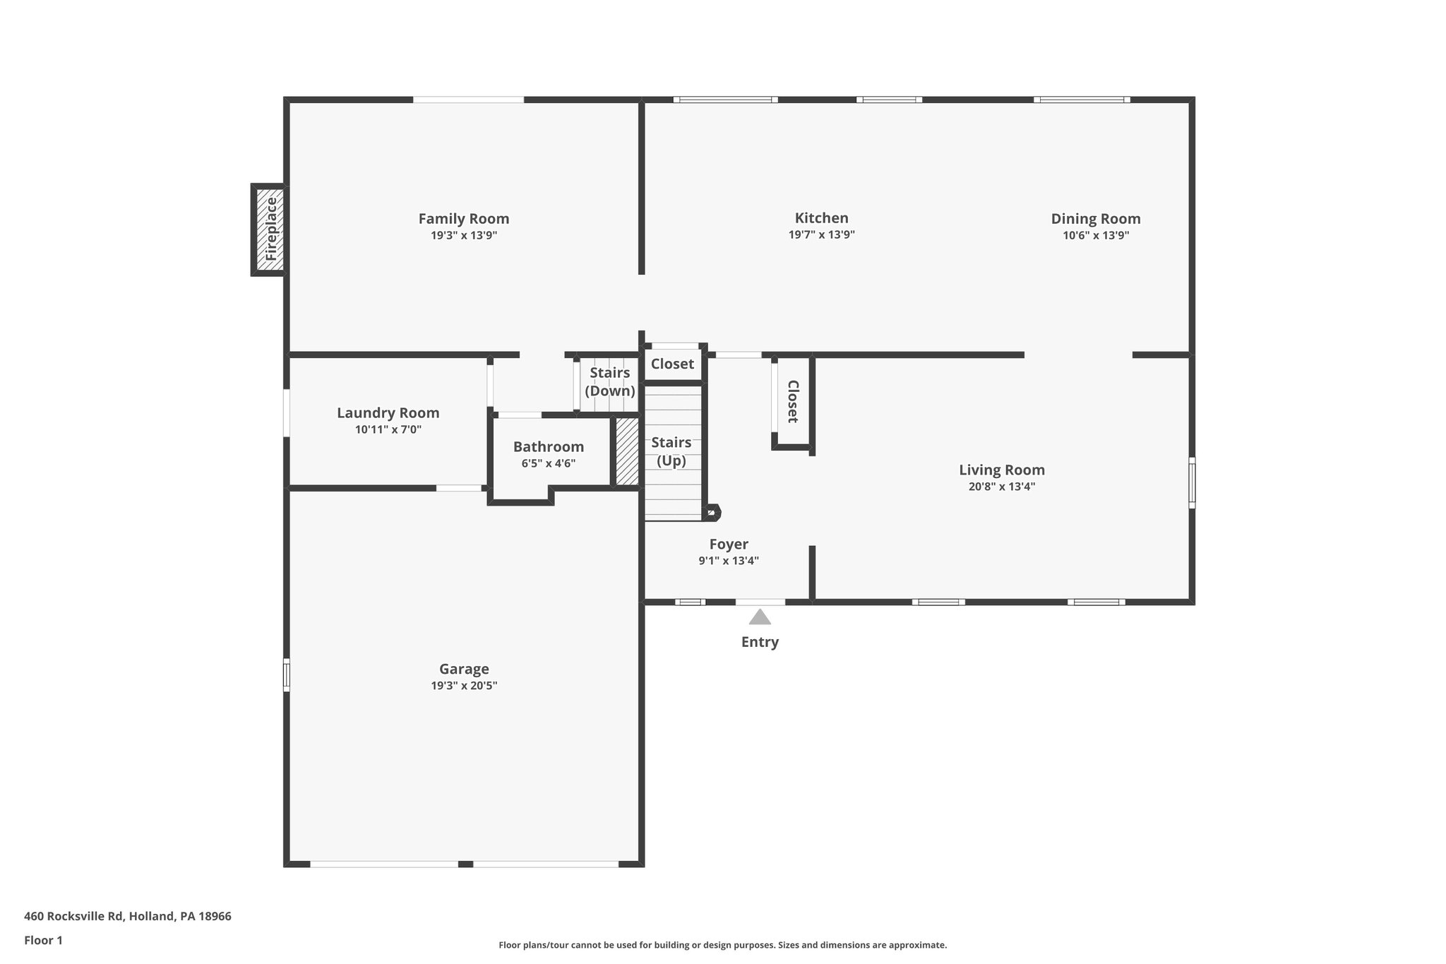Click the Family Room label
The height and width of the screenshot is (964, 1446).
[463, 219]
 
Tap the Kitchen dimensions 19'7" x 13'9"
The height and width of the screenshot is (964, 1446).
[821, 235]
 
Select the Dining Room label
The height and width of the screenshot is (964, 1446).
[1095, 219]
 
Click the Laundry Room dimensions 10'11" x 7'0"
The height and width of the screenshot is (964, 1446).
[388, 429]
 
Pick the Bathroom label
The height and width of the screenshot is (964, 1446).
[548, 447]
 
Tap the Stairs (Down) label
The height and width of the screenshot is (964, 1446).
[609, 381]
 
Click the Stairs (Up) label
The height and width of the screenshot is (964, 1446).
[671, 451]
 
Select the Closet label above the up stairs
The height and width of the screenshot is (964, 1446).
[672, 364]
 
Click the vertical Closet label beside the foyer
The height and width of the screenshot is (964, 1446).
[792, 401]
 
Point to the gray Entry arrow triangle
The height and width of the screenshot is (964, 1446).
[760, 617]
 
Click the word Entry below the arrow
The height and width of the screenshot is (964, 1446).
[760, 642]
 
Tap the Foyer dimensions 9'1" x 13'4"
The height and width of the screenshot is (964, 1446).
[729, 561]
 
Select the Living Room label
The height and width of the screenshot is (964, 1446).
[1001, 470]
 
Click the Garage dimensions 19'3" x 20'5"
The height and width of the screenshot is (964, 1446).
[464, 686]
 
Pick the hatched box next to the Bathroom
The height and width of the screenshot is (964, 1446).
[626, 452]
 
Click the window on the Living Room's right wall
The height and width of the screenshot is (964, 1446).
[1192, 482]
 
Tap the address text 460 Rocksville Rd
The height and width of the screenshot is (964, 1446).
[74, 917]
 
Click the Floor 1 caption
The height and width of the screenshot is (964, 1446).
[43, 941]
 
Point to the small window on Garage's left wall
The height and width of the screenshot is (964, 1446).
[287, 674]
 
